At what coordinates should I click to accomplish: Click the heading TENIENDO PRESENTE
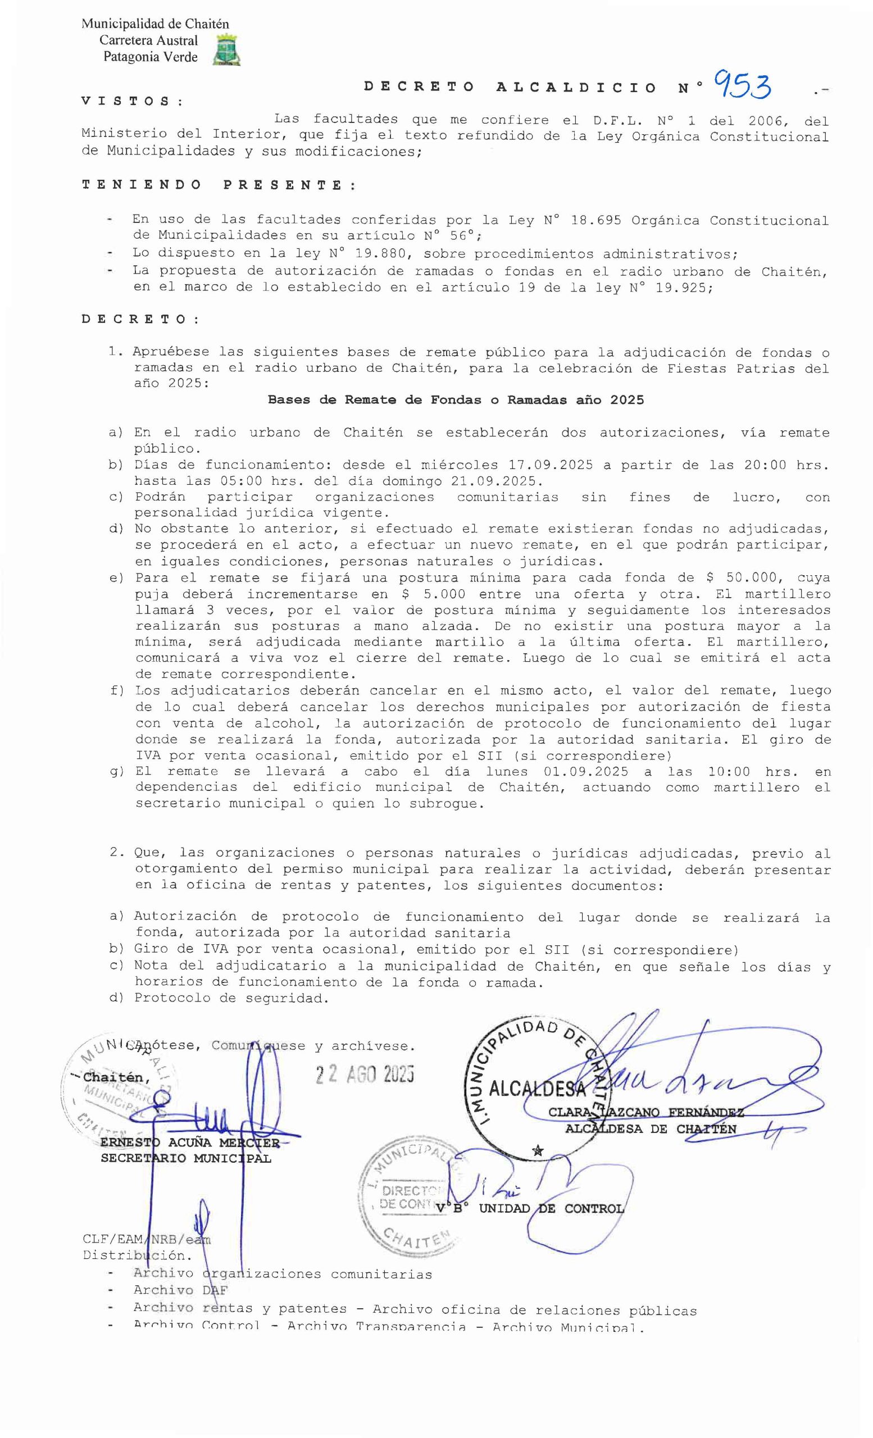click(219, 185)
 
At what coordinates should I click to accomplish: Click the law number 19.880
click(381, 254)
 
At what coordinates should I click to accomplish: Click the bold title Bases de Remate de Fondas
click(455, 400)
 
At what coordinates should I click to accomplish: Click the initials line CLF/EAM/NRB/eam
click(147, 1240)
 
